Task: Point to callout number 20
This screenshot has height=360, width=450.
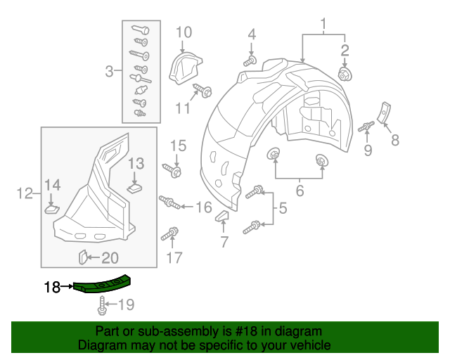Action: tap(111, 257)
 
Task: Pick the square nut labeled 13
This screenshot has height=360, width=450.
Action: tap(136, 187)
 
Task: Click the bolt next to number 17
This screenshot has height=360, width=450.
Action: tap(171, 233)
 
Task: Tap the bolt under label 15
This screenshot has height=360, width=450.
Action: tap(173, 169)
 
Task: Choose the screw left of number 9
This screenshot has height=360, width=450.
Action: tap(366, 127)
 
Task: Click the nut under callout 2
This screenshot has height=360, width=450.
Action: tap(345, 73)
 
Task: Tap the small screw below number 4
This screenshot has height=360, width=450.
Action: tap(250, 61)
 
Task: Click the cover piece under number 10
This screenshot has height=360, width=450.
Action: tap(184, 67)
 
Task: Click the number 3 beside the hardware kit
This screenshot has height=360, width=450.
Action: tap(109, 70)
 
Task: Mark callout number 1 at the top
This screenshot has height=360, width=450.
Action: tap(324, 27)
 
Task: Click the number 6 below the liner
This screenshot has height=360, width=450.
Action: tap(299, 190)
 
